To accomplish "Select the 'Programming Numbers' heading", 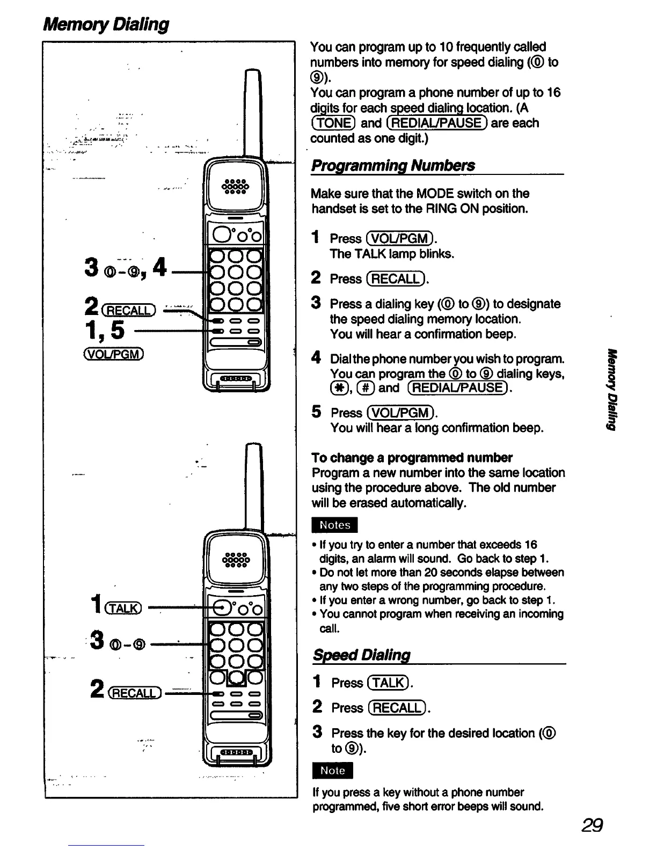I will pyautogui.click(x=393, y=165).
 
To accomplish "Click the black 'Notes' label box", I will pyautogui.click(x=334, y=525).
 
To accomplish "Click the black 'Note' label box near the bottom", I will pyautogui.click(x=332, y=771).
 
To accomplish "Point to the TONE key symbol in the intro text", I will pyautogui.click(x=333, y=123).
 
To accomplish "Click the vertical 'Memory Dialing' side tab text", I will pyautogui.click(x=610, y=389).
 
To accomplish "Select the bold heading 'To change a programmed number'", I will pyautogui.click(x=412, y=458).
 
